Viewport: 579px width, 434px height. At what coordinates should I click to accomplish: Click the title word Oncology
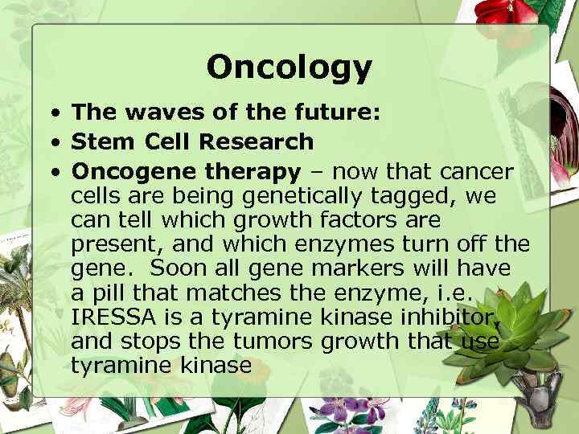pyautogui.click(x=289, y=68)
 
